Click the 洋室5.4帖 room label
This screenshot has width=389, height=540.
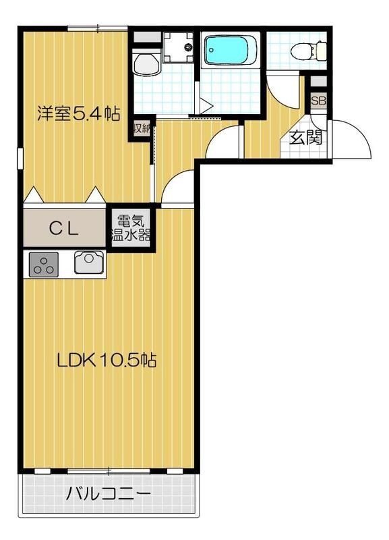tap(78, 113)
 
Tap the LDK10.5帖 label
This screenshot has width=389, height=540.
tap(107, 360)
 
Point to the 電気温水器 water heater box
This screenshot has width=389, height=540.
tap(130, 228)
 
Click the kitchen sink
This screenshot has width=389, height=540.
tap(88, 262)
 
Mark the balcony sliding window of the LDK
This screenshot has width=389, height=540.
tap(108, 470)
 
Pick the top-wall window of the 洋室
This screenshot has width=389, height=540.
tap(98, 28)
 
